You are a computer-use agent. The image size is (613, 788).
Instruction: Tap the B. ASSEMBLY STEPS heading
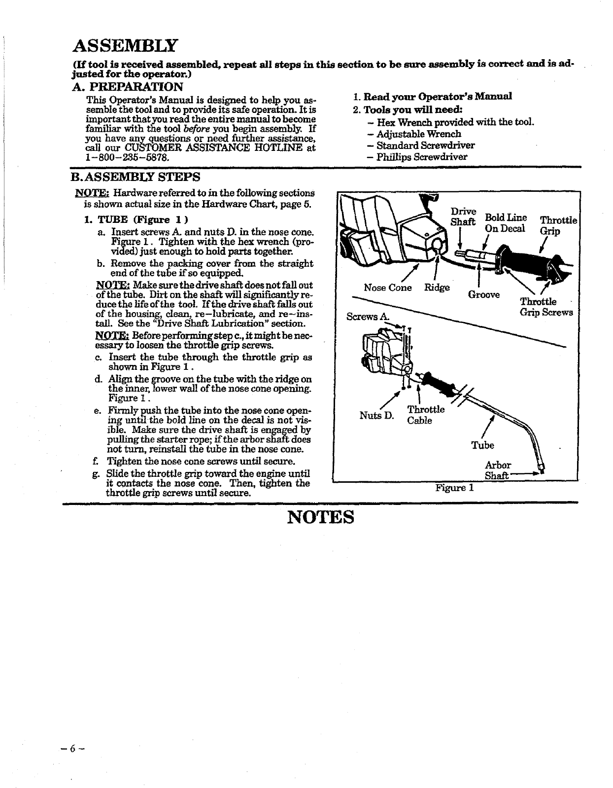(136, 177)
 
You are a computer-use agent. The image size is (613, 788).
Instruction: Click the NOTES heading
(321, 517)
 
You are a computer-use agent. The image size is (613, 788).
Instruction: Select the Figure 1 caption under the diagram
(454, 488)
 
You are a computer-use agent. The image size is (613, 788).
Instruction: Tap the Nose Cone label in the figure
(387, 287)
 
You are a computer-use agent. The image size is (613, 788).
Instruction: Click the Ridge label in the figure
(437, 287)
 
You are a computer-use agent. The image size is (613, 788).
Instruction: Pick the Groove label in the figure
(483, 294)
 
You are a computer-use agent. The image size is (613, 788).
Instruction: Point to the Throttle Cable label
(426, 415)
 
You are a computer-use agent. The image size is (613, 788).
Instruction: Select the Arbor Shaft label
(498, 470)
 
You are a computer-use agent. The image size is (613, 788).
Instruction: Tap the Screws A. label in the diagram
(368, 316)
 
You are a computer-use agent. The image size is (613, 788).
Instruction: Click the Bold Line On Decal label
(506, 223)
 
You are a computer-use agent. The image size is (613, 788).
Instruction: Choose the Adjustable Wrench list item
(419, 134)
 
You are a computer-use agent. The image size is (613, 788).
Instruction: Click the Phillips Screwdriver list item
(422, 157)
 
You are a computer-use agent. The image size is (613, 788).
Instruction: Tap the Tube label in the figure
(482, 445)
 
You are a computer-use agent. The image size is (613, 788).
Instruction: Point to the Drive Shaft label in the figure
(463, 216)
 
